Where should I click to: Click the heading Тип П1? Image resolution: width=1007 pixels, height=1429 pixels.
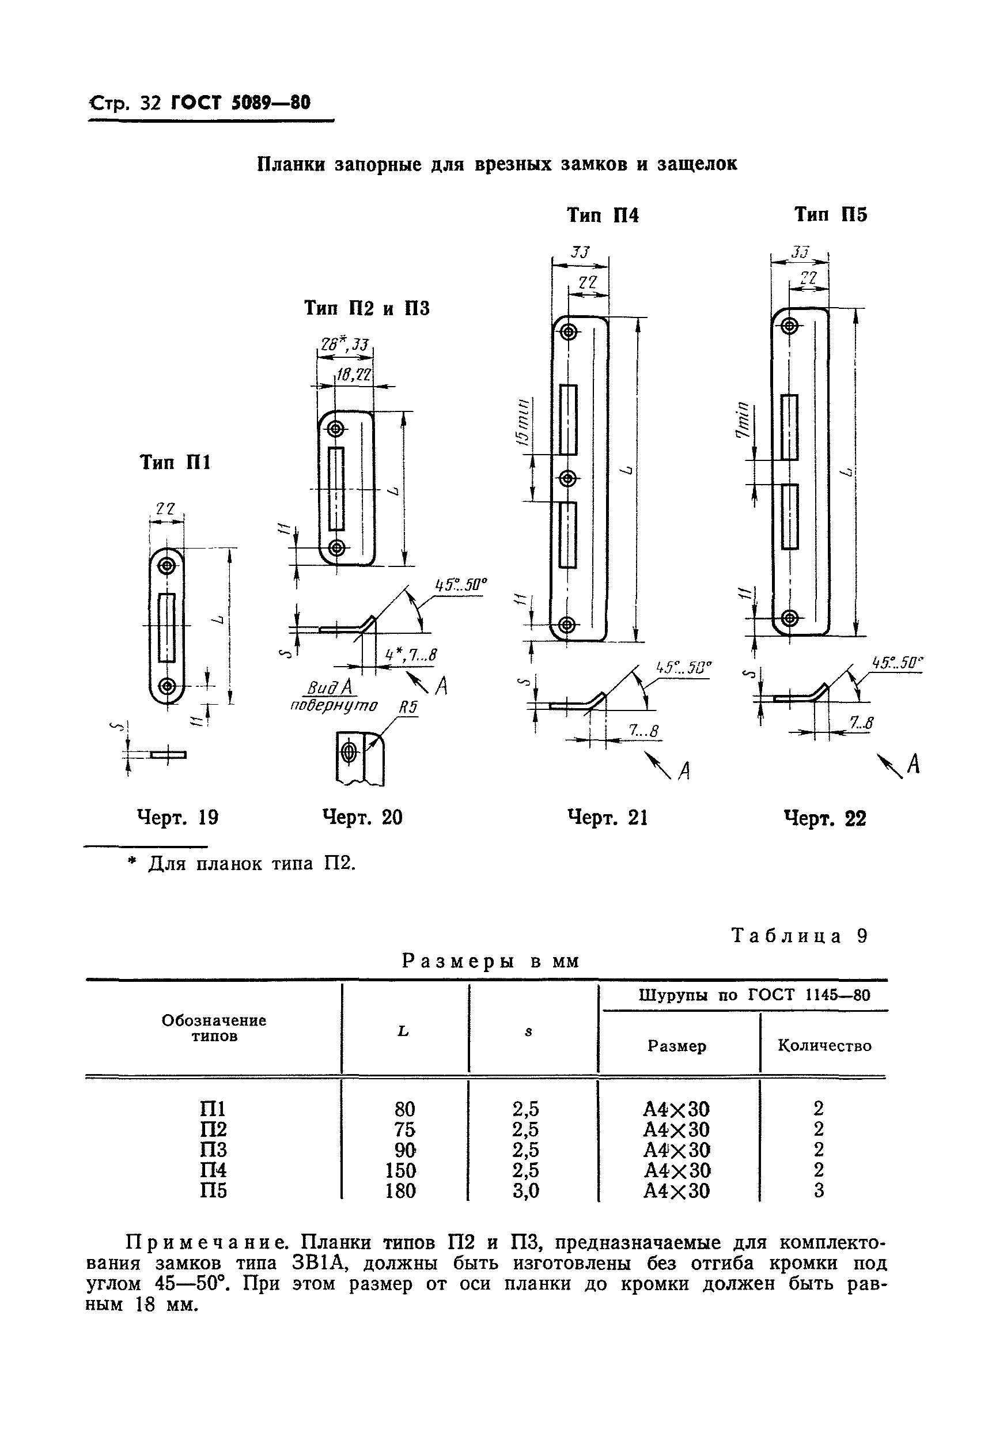(175, 463)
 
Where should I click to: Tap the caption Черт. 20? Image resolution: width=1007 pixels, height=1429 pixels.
(362, 817)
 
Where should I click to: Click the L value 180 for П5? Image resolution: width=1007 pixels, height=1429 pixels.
(400, 1190)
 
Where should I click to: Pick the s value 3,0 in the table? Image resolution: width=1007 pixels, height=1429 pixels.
(526, 1190)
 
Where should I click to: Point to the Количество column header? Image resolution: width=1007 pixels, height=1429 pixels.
(824, 1046)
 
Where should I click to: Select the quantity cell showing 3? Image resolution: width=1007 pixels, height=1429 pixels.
(819, 1190)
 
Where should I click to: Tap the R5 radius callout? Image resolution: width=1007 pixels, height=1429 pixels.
(408, 708)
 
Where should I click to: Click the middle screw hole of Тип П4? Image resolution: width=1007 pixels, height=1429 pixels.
(566, 479)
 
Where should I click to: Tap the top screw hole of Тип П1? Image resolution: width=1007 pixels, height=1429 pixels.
(166, 566)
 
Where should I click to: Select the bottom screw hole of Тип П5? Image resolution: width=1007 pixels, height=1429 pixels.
(789, 619)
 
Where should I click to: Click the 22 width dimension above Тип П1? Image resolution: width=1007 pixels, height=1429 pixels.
(165, 508)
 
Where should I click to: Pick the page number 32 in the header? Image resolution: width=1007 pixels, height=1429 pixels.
(150, 103)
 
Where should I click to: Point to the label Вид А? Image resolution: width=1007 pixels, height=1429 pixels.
(330, 687)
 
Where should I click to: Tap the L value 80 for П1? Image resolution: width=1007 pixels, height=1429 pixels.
(404, 1109)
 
